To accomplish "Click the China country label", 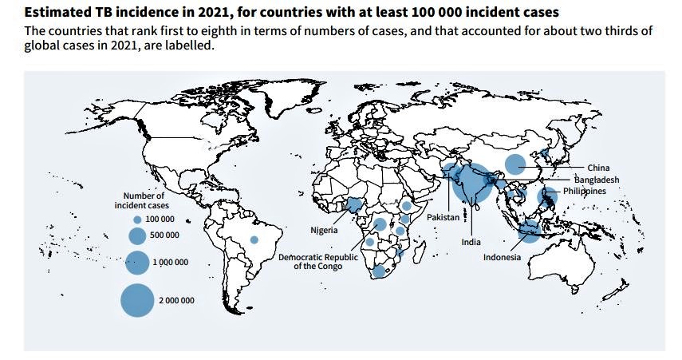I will (x=598, y=168).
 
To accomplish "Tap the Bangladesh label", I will (x=596, y=180).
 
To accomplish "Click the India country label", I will (x=471, y=242).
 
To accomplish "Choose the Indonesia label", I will (x=503, y=257).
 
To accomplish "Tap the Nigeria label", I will (x=325, y=230).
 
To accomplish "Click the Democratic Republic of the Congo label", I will (x=318, y=262).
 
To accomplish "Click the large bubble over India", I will (x=471, y=184).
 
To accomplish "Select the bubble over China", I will (x=515, y=164).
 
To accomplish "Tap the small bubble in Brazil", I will (x=254, y=239).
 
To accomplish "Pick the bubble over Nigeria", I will (x=354, y=204).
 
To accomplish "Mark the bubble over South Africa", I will (x=380, y=271).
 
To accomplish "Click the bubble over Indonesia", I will (x=529, y=231).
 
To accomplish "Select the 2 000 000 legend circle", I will (x=136, y=300).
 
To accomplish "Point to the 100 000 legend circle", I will (x=137, y=219).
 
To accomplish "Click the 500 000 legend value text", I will (x=164, y=235).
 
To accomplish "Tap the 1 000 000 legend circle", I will (x=137, y=262).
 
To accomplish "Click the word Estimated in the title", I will (x=57, y=12).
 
